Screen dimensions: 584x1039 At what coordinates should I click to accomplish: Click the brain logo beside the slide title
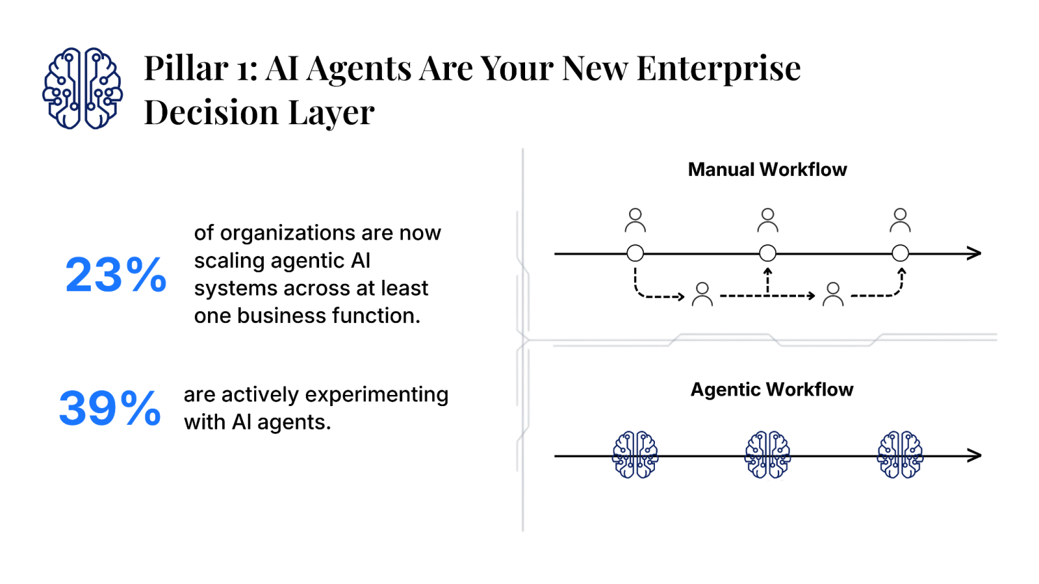[x=82, y=89]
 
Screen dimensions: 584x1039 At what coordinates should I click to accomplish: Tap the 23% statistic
[x=116, y=274]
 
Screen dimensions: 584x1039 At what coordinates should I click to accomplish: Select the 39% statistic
[x=110, y=408]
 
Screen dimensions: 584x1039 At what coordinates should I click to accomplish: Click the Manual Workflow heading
[x=767, y=170]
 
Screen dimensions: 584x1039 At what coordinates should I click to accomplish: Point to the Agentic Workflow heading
[x=772, y=389]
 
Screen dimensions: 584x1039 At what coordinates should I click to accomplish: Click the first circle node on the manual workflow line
[x=635, y=253]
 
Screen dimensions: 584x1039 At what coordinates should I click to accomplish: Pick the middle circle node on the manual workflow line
[x=767, y=253]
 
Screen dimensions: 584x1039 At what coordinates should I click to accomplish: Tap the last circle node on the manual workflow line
[x=900, y=253]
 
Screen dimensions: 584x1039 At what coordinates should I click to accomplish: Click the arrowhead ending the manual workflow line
[x=975, y=253]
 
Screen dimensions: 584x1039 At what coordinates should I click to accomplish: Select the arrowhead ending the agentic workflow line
[x=975, y=456]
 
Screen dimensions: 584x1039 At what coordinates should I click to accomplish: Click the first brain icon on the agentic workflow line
[x=635, y=455]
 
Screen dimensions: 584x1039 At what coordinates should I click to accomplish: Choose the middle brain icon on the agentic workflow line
[x=767, y=455]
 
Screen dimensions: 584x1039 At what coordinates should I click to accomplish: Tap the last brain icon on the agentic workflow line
[x=900, y=455]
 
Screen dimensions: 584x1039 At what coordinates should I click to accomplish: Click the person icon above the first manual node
[x=635, y=220]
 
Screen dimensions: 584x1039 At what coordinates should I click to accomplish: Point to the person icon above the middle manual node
[x=767, y=220]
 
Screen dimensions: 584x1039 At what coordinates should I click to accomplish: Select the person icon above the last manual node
[x=900, y=220]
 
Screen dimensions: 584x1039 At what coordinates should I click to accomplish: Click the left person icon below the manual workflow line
[x=702, y=294]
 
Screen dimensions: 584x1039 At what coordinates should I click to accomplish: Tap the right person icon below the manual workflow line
[x=832, y=294]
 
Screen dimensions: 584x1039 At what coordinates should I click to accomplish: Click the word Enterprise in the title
[x=719, y=68]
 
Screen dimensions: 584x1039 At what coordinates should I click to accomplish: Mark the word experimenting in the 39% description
[x=376, y=395]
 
